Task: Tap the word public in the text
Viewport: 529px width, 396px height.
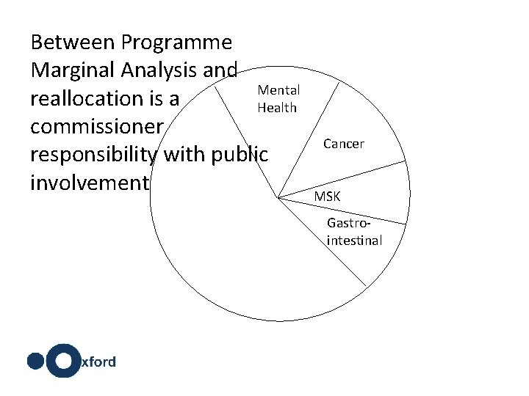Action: click(x=238, y=155)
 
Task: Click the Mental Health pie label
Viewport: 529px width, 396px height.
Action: click(x=278, y=99)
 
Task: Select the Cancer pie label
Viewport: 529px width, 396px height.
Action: click(x=344, y=144)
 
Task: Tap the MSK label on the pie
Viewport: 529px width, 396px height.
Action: click(x=327, y=197)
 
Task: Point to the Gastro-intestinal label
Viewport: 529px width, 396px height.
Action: click(x=354, y=231)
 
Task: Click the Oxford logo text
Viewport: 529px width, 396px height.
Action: click(x=98, y=362)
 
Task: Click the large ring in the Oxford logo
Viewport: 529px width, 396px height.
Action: click(x=65, y=361)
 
